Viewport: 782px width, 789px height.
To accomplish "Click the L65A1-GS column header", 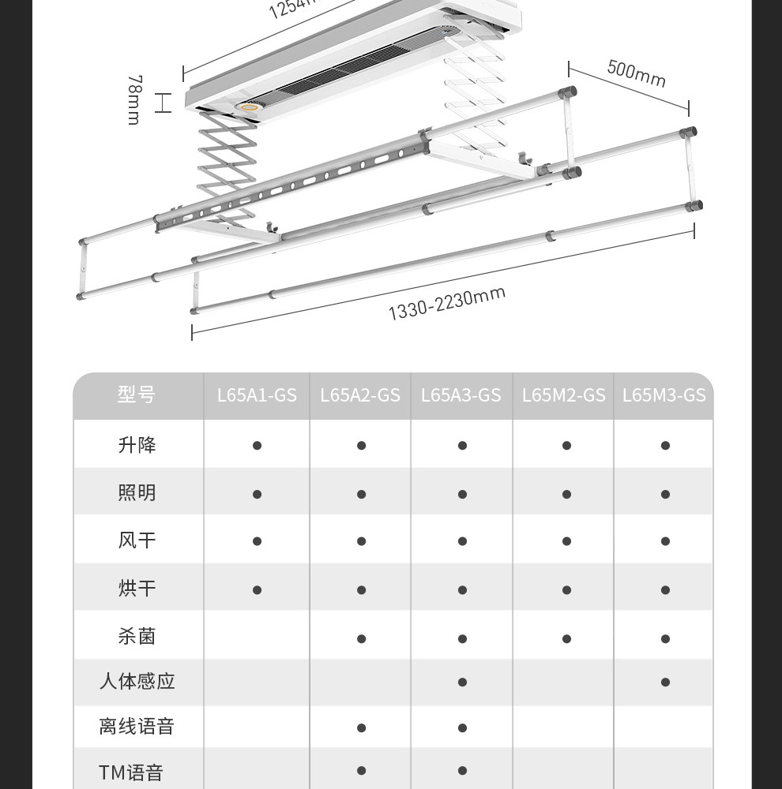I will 257,394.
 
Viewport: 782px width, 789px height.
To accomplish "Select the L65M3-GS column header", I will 664,394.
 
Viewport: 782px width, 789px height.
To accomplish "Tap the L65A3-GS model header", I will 461,394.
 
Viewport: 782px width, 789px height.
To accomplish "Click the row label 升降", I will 137,445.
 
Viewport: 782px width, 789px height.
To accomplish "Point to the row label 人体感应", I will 137,681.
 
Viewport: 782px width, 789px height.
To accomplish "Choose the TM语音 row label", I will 131,772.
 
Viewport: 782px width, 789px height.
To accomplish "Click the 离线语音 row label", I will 137,727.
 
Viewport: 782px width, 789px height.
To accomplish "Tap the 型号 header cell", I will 137,394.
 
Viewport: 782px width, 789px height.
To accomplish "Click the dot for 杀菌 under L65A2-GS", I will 361,638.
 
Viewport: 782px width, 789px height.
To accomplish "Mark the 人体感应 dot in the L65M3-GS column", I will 665,682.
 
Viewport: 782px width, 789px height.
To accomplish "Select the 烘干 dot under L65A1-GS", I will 257,589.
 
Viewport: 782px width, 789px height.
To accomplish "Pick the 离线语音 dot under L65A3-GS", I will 462,728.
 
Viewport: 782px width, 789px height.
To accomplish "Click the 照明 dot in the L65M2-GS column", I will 566,495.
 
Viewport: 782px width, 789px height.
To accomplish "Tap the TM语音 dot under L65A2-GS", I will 361,771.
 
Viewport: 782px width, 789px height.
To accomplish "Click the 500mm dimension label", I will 636,73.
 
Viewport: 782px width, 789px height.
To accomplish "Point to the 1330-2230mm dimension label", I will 446,304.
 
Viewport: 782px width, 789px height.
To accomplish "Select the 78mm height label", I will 134,100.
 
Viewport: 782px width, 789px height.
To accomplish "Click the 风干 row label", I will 137,540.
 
